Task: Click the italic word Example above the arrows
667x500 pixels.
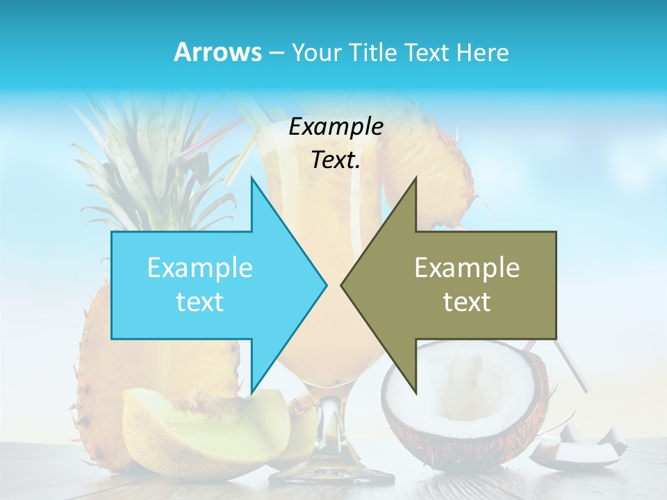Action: click(336, 126)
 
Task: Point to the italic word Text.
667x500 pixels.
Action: click(336, 160)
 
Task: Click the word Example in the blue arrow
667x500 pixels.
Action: click(199, 268)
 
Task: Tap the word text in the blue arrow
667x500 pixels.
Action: click(199, 301)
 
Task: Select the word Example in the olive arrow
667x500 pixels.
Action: click(467, 268)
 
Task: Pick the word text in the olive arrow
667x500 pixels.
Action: click(467, 301)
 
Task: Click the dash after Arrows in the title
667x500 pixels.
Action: click(275, 53)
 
